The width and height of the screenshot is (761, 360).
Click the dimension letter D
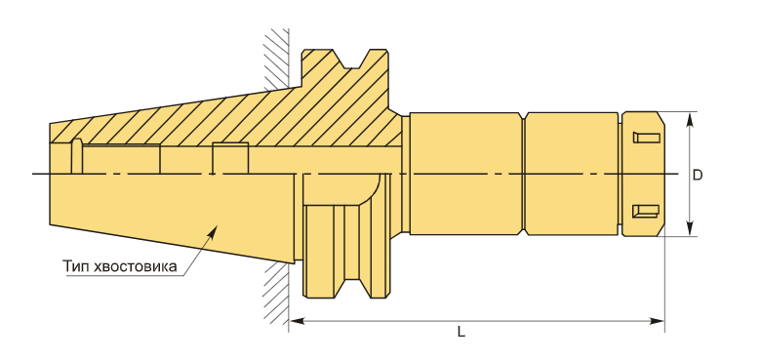click(x=697, y=176)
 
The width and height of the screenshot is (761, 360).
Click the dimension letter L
click(x=461, y=332)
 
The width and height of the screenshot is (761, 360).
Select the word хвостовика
click(x=136, y=267)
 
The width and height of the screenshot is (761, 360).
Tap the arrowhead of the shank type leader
click(x=212, y=229)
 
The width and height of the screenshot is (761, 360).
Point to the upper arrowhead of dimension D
click(x=689, y=119)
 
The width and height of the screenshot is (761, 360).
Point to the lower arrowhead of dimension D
click(x=689, y=229)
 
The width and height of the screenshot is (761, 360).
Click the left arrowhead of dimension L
click(x=297, y=321)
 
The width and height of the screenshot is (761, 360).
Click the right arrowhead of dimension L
click(x=658, y=321)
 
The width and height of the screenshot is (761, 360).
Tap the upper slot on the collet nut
click(x=647, y=138)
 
